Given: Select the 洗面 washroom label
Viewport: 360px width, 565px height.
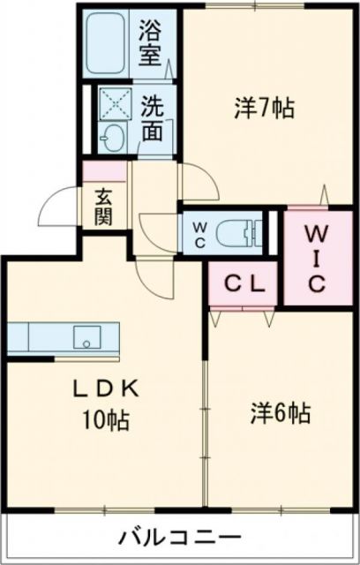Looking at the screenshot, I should [152, 119].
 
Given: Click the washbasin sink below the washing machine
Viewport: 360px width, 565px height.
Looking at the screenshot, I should [113, 139].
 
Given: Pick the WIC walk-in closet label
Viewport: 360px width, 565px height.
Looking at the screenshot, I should [318, 259].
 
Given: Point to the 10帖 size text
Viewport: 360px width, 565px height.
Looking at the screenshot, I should [106, 421].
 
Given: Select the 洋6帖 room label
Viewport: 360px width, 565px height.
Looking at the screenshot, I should [280, 412].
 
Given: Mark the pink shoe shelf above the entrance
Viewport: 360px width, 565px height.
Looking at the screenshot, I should [104, 171].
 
